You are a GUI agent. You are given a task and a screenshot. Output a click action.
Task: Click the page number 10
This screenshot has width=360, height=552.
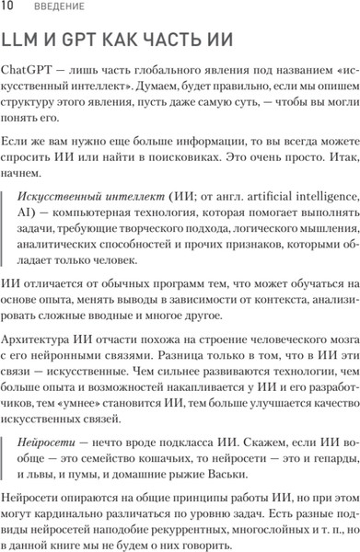(7, 7)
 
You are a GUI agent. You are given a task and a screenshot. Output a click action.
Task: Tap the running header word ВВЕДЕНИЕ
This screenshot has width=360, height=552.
(57, 7)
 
